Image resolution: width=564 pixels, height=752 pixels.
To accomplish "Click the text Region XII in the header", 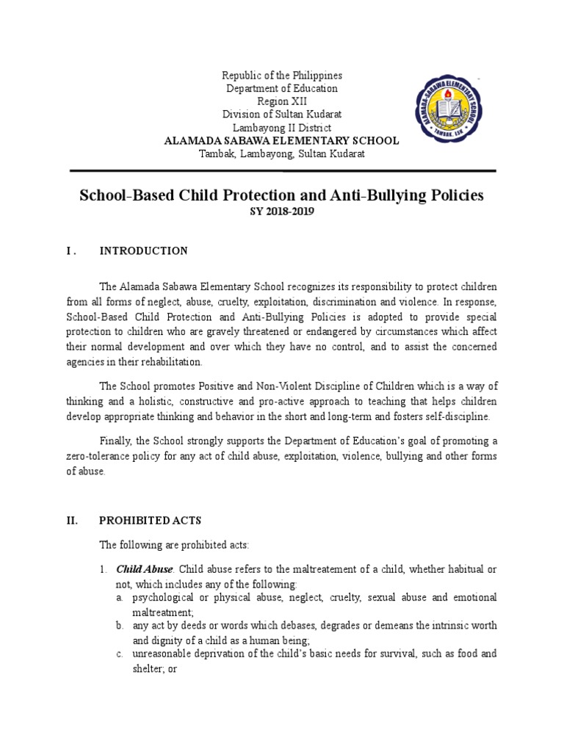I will point(282,101).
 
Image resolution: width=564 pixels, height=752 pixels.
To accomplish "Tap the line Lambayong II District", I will point(282,128).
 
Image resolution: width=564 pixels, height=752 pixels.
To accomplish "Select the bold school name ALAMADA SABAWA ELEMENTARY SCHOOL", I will point(282,140).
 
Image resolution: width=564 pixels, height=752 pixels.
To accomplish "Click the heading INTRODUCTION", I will point(143,251).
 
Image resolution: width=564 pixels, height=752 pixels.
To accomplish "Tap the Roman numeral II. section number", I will point(72,521).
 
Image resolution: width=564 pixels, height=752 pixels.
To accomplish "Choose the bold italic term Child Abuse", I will point(145,569).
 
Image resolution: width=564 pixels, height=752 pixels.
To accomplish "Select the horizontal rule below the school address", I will point(282,170).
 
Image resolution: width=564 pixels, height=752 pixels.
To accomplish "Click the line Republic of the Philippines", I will point(282,76).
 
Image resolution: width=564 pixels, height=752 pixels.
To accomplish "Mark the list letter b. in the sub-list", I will point(120,626).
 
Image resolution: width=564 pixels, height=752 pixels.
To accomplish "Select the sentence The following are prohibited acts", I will point(175,545).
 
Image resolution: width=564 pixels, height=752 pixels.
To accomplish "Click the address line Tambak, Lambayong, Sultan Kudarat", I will point(282,153).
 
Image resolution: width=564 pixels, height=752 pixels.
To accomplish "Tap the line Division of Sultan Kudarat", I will point(282,115).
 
